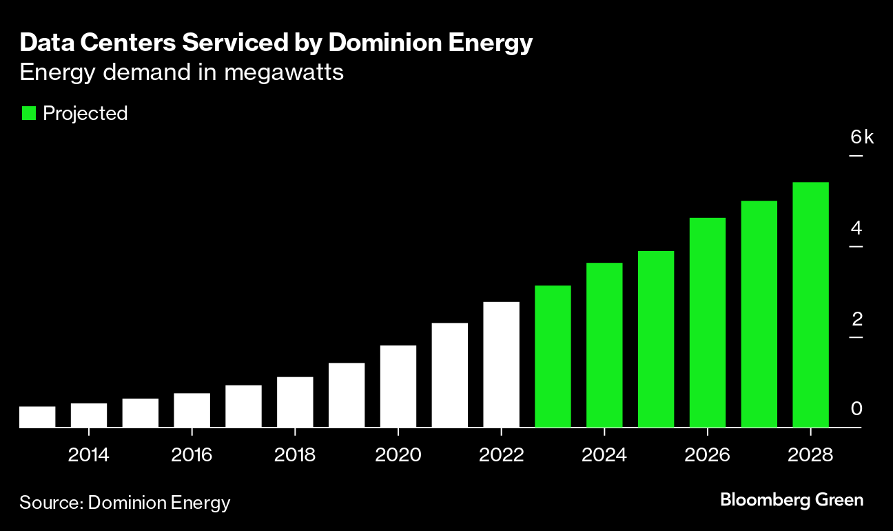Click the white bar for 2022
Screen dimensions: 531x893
pos(501,365)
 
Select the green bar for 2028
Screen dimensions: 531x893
pos(810,305)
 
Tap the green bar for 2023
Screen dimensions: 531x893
pos(553,357)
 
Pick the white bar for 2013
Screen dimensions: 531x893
pos(37,417)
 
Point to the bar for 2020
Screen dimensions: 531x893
pos(398,386)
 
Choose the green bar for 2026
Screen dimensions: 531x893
pos(707,323)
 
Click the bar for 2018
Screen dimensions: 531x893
pos(295,402)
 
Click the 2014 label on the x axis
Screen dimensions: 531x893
pos(89,455)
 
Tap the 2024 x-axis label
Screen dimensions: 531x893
pos(604,455)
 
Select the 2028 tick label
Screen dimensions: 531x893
pos(810,455)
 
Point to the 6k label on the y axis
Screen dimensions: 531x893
pos(861,137)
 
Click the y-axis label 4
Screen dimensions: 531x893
pos(856,228)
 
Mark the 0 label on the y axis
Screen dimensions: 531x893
pos(856,409)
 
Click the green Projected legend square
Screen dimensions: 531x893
pos(28,113)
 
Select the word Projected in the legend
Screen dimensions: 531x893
pos(85,113)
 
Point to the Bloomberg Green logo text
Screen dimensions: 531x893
pos(792,499)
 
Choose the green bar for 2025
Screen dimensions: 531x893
pos(656,339)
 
